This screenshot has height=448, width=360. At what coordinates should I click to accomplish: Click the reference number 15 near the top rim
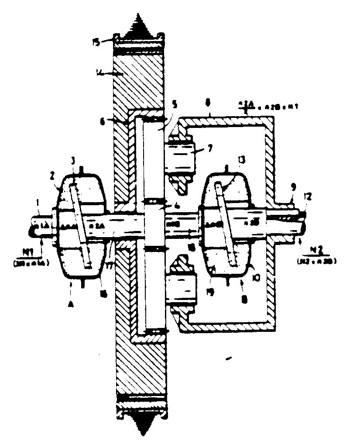coord(96,42)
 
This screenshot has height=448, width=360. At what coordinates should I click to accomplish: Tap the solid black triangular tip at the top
coord(139,24)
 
